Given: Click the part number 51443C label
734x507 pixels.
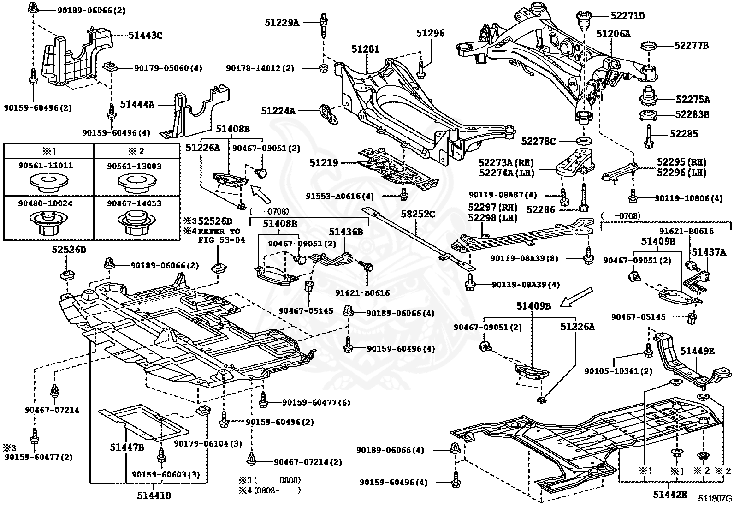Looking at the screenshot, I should (x=145, y=35).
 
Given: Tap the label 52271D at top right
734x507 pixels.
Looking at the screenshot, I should (x=627, y=16).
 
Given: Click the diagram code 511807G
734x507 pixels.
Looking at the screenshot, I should (x=714, y=498).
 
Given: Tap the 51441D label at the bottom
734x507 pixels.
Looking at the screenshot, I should (x=154, y=495).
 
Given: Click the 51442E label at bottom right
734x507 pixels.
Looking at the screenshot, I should (x=669, y=495).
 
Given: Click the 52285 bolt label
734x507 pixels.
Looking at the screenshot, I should (x=684, y=134).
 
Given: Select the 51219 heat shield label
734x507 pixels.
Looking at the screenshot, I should (x=324, y=163).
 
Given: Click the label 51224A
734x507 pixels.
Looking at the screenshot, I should (x=278, y=111).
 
